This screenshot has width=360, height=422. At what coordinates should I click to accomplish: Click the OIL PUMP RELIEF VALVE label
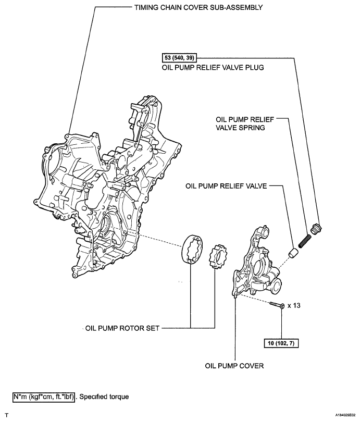[226, 185]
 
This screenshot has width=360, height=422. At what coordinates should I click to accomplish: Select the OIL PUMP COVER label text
[234, 366]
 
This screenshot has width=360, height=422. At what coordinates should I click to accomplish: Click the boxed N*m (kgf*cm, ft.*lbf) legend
[44, 396]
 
